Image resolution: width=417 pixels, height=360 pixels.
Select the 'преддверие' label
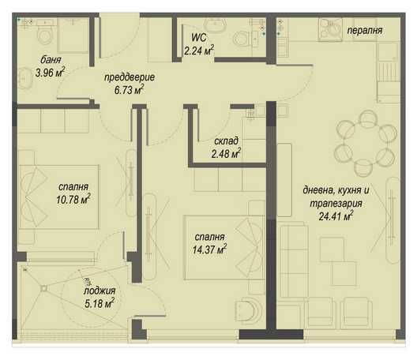point(130,78)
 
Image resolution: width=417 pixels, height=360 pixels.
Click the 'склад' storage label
point(227,141)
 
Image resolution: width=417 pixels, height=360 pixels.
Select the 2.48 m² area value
point(227,155)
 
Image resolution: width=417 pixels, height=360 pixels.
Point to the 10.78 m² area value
point(73,200)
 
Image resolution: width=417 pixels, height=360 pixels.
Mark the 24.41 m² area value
point(336,214)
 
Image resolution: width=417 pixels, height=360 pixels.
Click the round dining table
point(363,139)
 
